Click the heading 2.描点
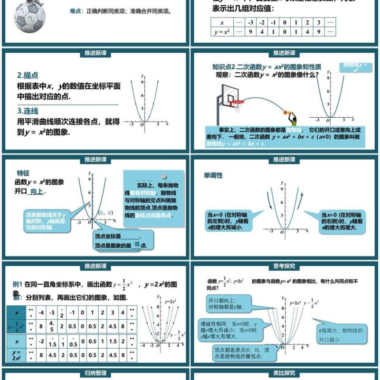click(28, 75)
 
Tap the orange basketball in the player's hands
click(287, 113)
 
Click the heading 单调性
click(213, 175)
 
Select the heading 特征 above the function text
click(23, 173)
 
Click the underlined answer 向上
click(37, 191)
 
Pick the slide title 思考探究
click(284, 266)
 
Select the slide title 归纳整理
click(95, 373)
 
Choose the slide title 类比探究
click(284, 373)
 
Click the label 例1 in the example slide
click(18, 284)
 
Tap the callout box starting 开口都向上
click(231, 304)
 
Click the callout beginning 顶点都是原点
click(237, 352)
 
